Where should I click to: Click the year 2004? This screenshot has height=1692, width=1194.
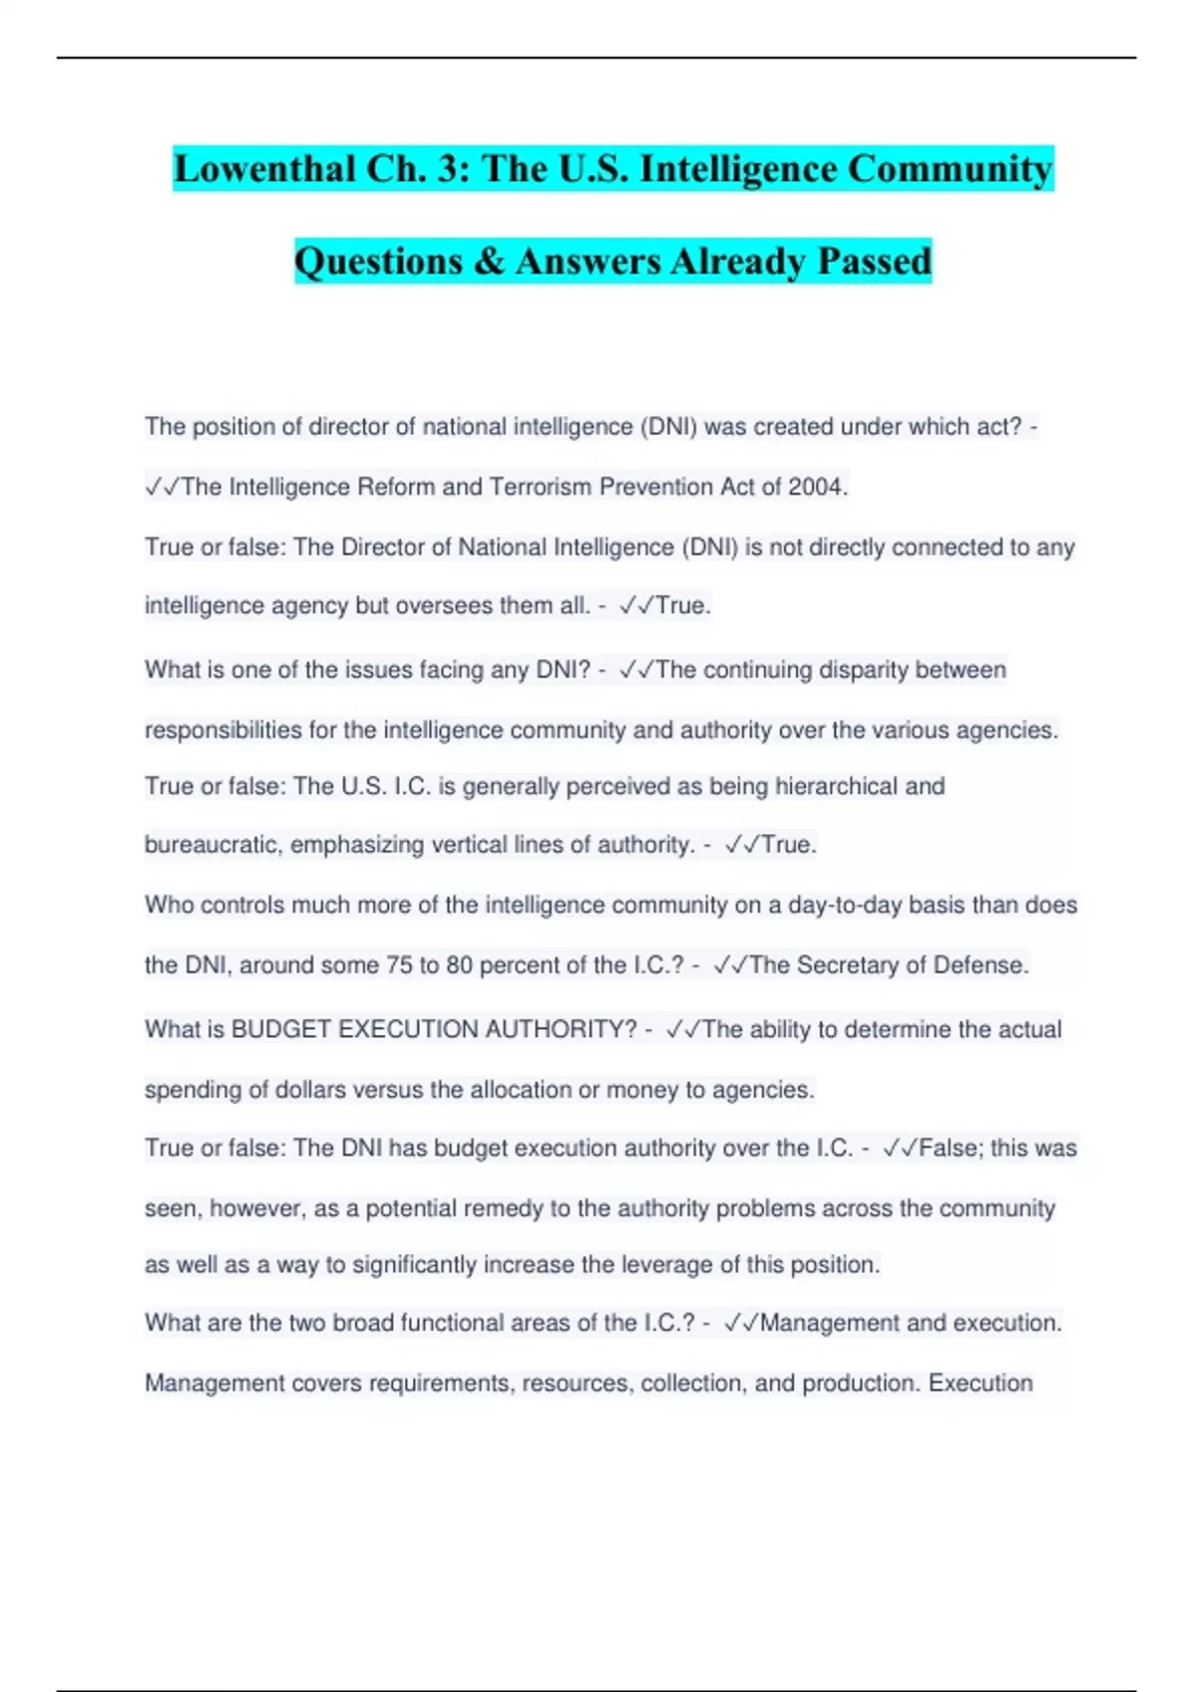pos(816,487)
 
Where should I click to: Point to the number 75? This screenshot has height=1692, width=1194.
pos(398,965)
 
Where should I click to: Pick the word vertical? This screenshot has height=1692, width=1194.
pos(497,845)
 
